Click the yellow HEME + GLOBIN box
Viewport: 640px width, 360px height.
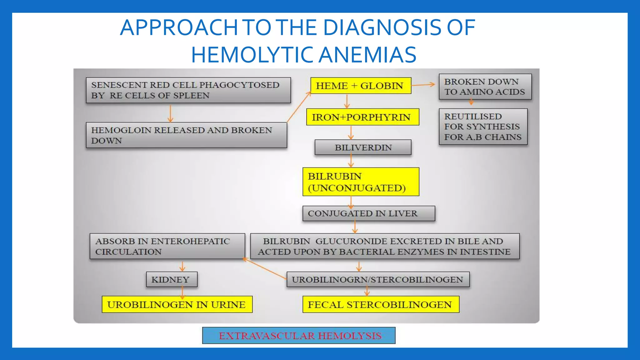[360, 86]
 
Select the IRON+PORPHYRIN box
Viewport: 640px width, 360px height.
[362, 117]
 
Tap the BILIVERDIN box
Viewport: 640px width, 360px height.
[363, 147]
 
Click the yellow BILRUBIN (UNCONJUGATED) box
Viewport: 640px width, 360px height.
[360, 182]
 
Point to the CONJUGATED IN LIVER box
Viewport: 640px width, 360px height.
[368, 213]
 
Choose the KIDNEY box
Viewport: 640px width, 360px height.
[171, 279]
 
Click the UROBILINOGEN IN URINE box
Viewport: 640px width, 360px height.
[177, 304]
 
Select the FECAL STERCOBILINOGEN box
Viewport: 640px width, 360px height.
[381, 304]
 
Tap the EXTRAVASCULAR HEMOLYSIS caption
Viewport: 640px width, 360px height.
[299, 336]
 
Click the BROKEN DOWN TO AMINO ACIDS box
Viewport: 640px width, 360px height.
[485, 87]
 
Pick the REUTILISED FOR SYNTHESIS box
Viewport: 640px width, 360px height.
[483, 127]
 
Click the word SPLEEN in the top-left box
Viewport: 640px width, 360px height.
[191, 96]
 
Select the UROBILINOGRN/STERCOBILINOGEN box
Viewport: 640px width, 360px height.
[377, 279]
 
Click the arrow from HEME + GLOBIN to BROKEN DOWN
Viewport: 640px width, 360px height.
[423, 85]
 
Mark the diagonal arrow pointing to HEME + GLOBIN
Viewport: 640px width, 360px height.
[299, 107]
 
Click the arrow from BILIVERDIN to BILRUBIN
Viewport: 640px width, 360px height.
[351, 161]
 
